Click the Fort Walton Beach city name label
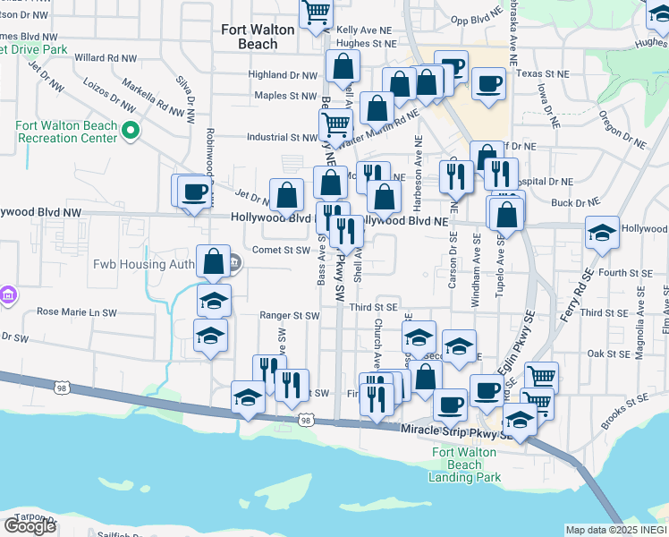258,37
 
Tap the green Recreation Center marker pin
131,132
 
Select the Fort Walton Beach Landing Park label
466,465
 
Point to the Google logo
30,525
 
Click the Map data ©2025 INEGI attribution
614,530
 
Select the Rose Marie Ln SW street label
76,313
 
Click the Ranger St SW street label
289,316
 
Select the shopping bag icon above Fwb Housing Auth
214,262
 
